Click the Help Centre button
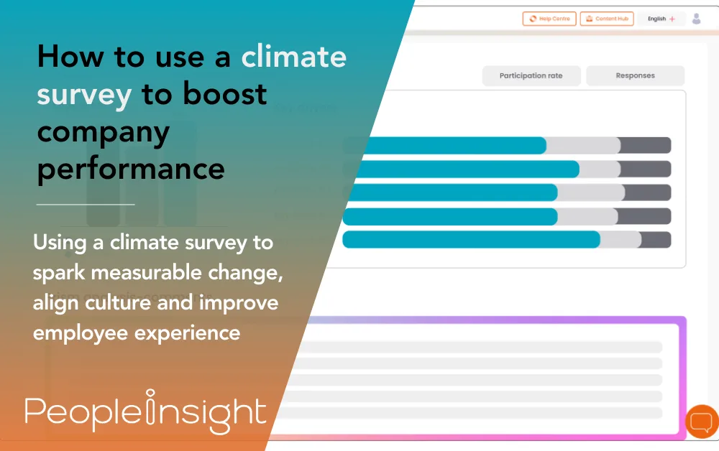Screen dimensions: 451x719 (549, 19)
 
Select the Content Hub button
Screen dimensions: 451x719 (607, 19)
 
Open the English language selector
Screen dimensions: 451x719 (661, 19)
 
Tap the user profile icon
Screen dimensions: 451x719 (696, 19)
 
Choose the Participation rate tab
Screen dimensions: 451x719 (531, 75)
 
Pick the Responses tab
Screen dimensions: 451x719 (635, 75)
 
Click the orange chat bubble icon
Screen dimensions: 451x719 (701, 422)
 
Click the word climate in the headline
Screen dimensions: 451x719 (293, 57)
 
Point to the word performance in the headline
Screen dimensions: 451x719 (131, 169)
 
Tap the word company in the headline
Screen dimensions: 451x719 (104, 132)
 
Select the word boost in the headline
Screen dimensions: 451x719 (222, 94)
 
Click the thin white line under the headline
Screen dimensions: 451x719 (86, 205)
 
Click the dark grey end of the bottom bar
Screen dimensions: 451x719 (656, 240)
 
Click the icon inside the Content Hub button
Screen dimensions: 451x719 (587, 19)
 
